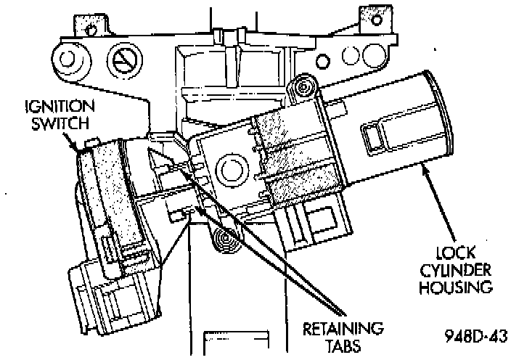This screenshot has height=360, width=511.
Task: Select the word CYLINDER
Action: click(x=455, y=274)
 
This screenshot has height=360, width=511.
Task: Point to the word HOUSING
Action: click(x=455, y=288)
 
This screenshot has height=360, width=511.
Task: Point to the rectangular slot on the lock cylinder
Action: click(x=376, y=134)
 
